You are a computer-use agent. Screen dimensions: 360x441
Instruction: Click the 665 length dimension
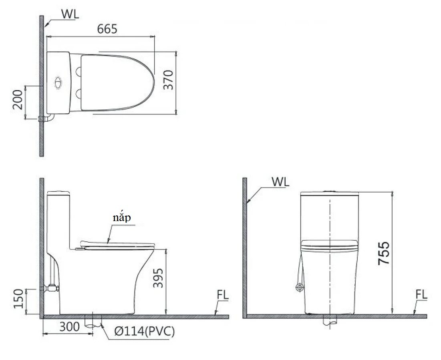pyautogui.click(x=107, y=29)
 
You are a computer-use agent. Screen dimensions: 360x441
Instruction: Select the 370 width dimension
pyautogui.click(x=168, y=80)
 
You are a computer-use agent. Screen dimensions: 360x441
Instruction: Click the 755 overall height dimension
pyautogui.click(x=384, y=253)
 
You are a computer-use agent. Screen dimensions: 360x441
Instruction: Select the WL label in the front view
pyautogui.click(x=280, y=181)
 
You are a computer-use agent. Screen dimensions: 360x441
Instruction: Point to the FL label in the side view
pyautogui.click(x=223, y=295)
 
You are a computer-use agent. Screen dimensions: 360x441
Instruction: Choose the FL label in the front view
pyautogui.click(x=421, y=295)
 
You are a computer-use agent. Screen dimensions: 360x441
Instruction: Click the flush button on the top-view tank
pyautogui.click(x=58, y=81)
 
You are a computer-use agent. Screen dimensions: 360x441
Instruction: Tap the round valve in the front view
pyautogui.click(x=298, y=287)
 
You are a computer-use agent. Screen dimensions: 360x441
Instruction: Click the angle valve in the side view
pyautogui.click(x=51, y=287)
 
